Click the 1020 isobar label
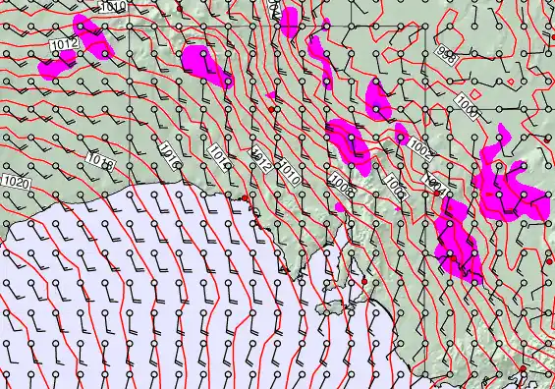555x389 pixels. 16,182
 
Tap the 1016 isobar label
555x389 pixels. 169,151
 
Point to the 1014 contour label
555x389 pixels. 222,153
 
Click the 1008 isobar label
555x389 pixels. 342,184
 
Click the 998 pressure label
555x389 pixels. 447,53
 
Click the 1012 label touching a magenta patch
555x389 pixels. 65,46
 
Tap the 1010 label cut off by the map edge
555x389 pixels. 114,6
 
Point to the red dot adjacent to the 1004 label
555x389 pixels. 436,194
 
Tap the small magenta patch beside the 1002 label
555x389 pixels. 401,133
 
